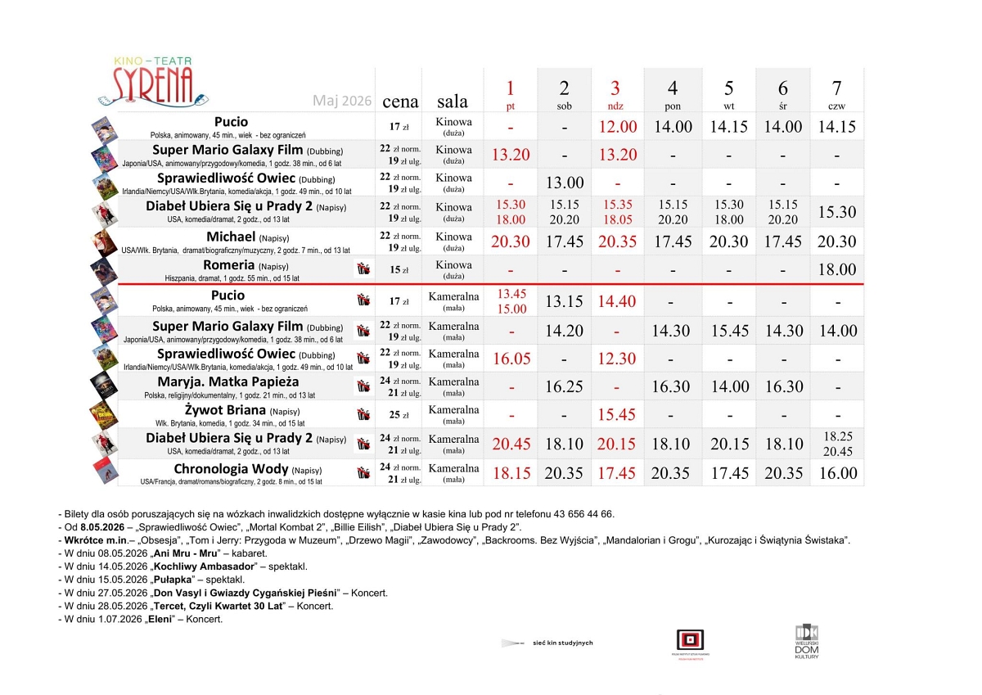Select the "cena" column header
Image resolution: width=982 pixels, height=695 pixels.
point(400,102)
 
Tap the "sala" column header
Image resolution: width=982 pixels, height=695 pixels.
point(453,102)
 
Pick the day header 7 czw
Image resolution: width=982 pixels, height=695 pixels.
point(836,94)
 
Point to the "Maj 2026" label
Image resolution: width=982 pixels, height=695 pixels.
point(342,102)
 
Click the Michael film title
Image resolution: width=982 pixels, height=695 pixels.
point(231,237)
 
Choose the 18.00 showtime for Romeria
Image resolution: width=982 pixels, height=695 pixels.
point(836,269)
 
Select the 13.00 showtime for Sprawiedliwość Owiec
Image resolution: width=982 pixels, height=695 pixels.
point(564,183)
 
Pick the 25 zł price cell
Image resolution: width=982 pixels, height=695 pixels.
point(399,415)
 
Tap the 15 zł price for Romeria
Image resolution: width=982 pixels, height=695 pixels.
point(399,269)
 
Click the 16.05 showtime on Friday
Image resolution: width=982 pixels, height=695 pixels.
point(511,359)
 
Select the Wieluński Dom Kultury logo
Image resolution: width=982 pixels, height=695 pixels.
point(806,642)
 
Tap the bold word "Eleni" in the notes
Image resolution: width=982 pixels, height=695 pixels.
point(161,619)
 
